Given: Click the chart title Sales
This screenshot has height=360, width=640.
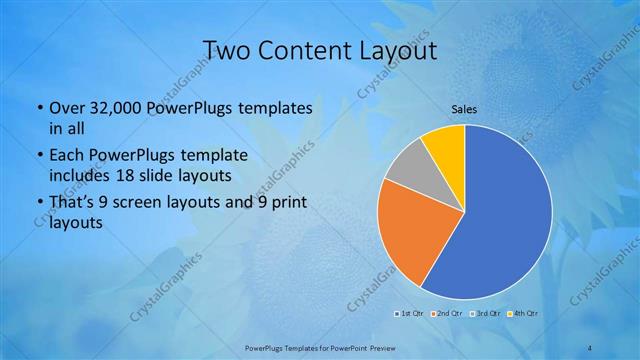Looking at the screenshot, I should pos(464,108).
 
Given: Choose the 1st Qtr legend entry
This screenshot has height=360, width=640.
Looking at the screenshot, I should pos(411,315).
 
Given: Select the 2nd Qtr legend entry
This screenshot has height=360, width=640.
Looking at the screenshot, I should pos(446,315).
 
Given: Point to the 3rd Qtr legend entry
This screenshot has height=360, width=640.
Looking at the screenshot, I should pos(484,315).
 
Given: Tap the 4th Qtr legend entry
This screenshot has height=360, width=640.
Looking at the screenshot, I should pos(523,315).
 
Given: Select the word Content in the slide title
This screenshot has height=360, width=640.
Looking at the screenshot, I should pos(305,50).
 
